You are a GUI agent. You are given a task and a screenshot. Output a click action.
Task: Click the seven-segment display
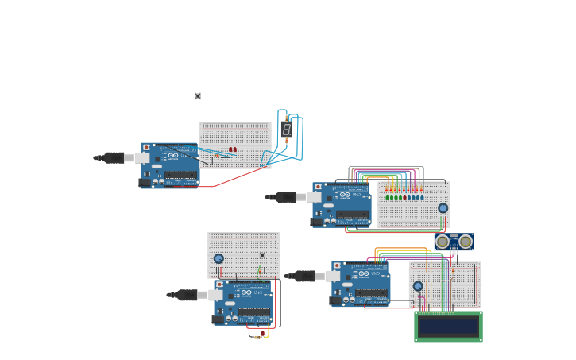287,130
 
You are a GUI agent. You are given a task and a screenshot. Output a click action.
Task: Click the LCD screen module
448,326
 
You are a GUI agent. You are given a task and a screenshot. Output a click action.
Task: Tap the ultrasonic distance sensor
454,242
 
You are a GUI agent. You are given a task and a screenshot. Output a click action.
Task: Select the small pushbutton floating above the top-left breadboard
198,96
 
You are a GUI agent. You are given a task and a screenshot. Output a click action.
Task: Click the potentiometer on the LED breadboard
443,208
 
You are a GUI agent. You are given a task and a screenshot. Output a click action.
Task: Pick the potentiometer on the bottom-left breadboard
218,258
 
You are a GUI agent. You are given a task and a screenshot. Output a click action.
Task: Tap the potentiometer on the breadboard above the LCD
418,286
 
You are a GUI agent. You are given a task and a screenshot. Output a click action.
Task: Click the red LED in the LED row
404,197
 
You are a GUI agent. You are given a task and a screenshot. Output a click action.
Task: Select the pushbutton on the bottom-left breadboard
262,255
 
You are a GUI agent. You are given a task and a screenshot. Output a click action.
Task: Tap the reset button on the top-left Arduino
146,148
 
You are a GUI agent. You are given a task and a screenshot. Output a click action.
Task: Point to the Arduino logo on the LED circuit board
345,195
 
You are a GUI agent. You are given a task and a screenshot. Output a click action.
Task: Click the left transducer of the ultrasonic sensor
443,242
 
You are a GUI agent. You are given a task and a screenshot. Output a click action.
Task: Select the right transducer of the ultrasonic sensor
466,242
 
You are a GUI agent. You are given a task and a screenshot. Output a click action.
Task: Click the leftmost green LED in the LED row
387,197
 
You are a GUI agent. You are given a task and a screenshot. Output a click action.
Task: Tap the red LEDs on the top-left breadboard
232,149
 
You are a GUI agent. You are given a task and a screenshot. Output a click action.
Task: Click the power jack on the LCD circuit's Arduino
335,300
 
